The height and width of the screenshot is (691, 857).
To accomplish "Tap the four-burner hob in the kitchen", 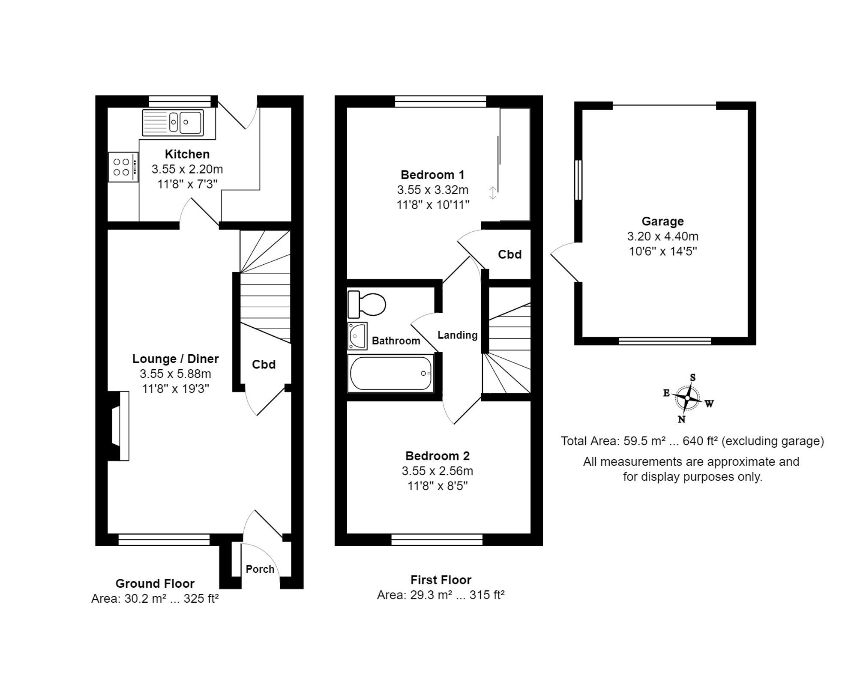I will click(122, 167).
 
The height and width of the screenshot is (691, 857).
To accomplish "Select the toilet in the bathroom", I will click(367, 304).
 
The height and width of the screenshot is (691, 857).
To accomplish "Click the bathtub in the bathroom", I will click(390, 373).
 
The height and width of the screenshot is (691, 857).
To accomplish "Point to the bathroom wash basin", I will click(357, 336).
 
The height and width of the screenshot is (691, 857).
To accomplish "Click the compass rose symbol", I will click(687, 398).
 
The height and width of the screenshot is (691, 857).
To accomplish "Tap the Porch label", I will click(260, 569).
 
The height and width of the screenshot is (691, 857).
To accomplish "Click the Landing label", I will click(457, 335).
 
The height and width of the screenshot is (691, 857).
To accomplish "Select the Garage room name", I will click(662, 221).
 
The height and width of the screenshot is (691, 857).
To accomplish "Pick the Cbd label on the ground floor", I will click(264, 365).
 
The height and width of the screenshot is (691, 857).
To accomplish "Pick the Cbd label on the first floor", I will click(509, 254).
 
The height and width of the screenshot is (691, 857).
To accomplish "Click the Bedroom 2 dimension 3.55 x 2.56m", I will click(437, 471).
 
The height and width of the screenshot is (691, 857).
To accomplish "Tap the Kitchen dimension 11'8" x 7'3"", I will click(187, 184).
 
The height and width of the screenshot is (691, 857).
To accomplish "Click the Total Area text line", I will click(692, 441).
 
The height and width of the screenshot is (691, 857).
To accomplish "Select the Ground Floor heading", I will click(155, 583).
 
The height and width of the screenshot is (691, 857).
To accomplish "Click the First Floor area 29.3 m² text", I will click(440, 595).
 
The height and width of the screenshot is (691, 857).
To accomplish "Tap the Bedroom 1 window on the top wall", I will click(440, 101).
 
